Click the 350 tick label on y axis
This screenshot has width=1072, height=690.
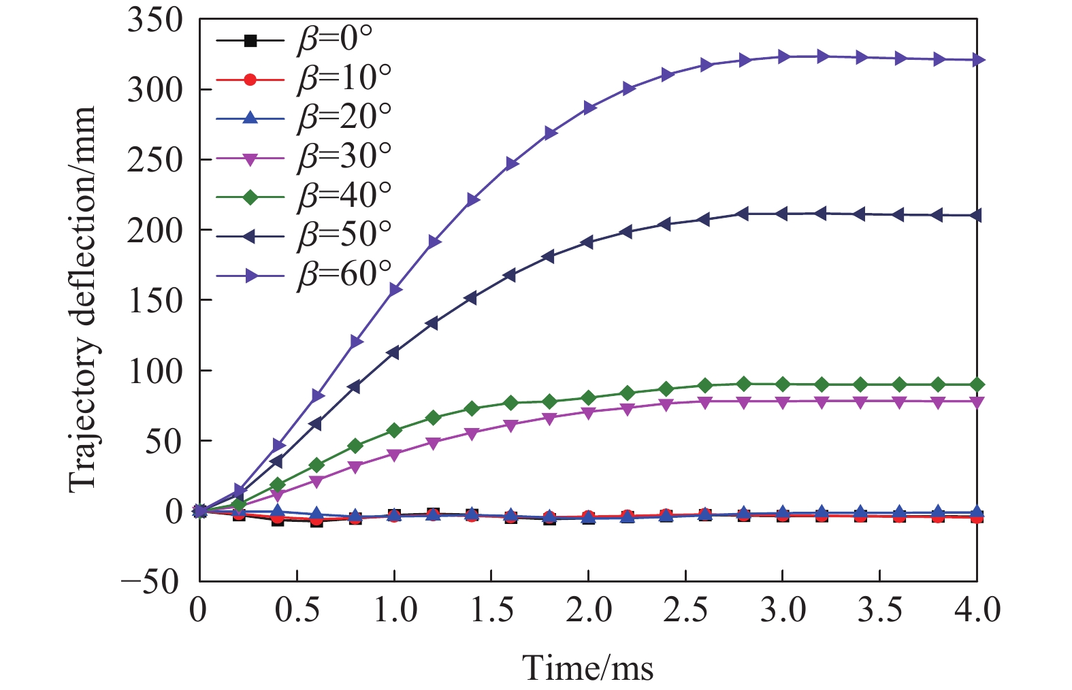coord(155,20)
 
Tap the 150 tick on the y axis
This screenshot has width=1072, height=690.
coord(155,301)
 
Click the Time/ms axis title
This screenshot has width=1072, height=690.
coord(588,668)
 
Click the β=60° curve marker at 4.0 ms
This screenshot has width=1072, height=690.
coord(977,61)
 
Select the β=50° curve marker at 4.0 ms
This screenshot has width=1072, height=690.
coord(977,216)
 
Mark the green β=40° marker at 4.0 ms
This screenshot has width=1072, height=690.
coord(977,384)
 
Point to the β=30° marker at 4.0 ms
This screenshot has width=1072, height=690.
coord(977,402)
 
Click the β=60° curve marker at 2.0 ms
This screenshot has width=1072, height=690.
coord(589,108)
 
